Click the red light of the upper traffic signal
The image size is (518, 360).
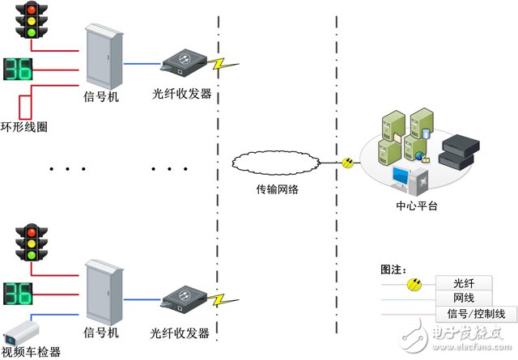click(32, 10)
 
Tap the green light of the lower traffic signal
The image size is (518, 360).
click(32, 255)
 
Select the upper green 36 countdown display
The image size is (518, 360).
click(18, 69)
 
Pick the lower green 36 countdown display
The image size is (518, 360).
click(18, 294)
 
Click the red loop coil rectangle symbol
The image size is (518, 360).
click(25, 108)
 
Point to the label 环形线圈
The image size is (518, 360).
click(23, 127)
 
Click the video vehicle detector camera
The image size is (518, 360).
click(22, 332)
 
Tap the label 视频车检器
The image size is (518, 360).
click(31, 352)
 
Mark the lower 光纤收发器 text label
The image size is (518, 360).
click(180, 333)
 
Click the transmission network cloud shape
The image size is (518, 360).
click(276, 163)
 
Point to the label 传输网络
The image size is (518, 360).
click(278, 189)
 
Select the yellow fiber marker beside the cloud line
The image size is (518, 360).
click(347, 163)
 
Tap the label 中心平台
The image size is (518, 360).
click(417, 205)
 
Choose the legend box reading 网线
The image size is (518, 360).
click(464, 298)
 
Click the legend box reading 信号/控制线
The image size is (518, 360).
click(477, 314)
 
